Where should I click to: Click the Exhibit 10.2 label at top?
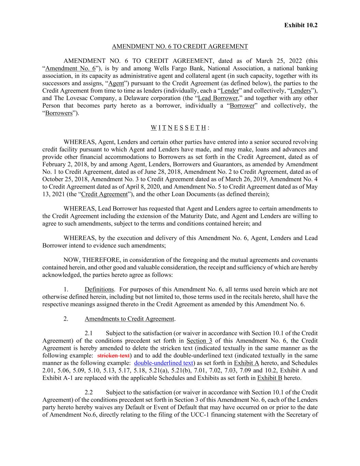click(x=301, y=25)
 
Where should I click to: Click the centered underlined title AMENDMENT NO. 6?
click(x=180, y=46)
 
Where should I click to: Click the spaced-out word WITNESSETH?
click(x=178, y=128)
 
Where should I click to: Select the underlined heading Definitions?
click(x=99, y=290)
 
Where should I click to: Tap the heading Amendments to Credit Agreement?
click(x=129, y=319)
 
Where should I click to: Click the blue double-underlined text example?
click(x=164, y=363)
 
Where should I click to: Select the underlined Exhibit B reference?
click(x=270, y=378)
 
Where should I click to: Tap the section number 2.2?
click(x=89, y=393)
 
